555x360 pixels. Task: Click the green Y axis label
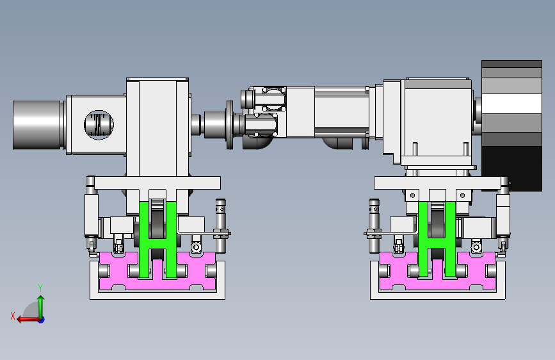pos(40,288)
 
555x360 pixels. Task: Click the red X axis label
pos(13,316)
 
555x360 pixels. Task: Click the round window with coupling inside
pos(99,125)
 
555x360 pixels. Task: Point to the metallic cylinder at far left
pos(37,125)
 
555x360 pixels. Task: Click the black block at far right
pos(512,168)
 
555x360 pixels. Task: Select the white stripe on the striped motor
pos(512,104)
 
